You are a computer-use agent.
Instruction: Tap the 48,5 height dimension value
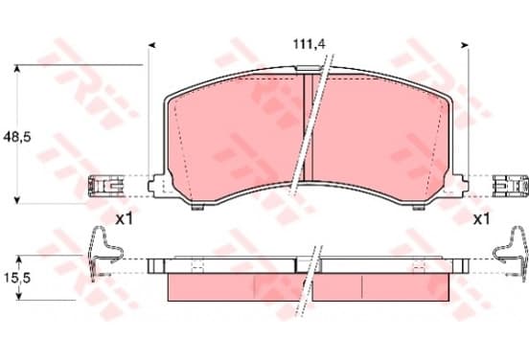(17, 137)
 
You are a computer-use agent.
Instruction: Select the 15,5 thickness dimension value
(17, 278)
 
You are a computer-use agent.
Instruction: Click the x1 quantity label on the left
(125, 220)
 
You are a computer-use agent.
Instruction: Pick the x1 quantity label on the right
(481, 220)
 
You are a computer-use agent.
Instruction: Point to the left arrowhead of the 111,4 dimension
(152, 45)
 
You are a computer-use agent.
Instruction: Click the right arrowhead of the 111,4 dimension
(465, 45)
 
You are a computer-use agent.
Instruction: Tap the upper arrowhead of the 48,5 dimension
(17, 68)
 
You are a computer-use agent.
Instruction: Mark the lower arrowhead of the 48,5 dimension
(17, 200)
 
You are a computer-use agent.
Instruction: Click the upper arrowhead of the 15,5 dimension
(19, 259)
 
